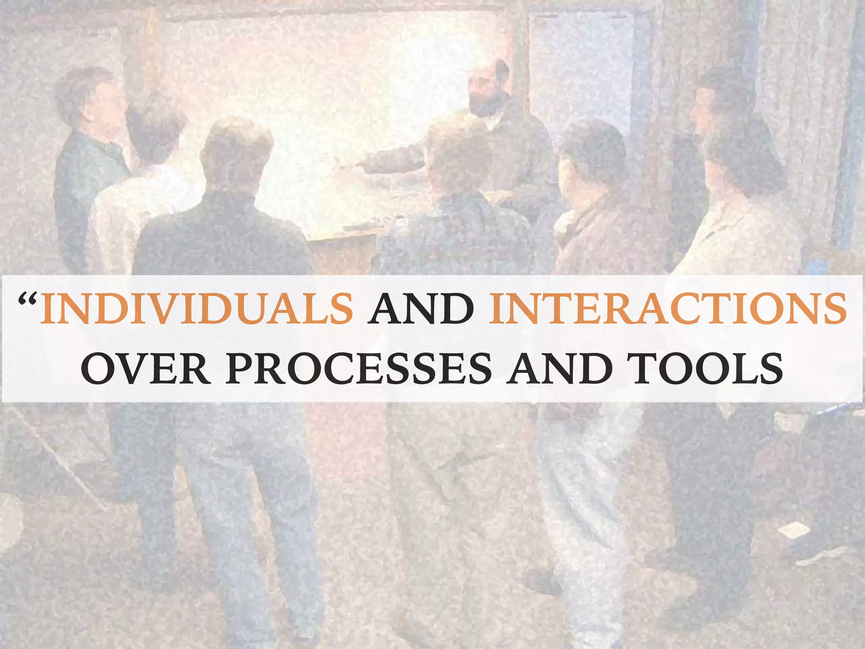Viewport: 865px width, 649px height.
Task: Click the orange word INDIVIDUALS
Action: click(197, 308)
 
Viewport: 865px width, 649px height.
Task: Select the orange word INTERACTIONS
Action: click(667, 308)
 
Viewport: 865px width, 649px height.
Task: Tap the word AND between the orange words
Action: click(420, 308)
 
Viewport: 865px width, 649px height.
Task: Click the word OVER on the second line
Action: click(146, 368)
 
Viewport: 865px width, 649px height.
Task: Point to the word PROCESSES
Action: click(359, 368)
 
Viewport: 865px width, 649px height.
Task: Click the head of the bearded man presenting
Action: click(490, 87)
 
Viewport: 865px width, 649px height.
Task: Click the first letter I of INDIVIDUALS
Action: click(48, 308)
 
